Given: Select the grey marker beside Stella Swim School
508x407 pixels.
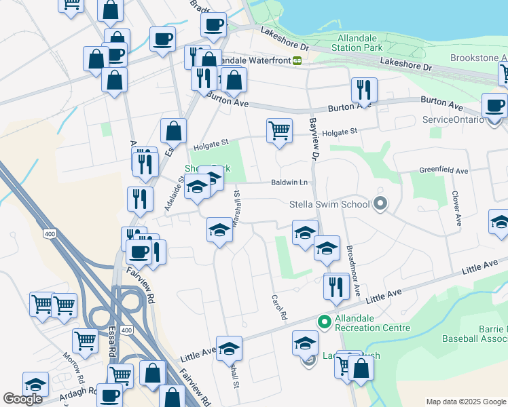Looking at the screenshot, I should (x=380, y=203).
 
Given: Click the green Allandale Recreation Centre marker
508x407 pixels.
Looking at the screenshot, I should (x=325, y=321).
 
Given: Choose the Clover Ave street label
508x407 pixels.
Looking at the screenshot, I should (x=456, y=208).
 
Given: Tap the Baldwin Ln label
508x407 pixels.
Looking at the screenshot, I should (x=289, y=182).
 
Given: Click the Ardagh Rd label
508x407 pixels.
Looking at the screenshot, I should (x=70, y=394).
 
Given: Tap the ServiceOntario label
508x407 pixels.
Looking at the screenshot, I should (x=453, y=119).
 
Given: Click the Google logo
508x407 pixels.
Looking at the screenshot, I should (x=22, y=399).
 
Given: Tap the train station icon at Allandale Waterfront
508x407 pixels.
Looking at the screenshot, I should (x=297, y=60).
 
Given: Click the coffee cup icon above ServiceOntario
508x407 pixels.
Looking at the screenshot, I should (x=494, y=105).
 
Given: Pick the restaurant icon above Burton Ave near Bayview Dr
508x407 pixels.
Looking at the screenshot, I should (x=364, y=89).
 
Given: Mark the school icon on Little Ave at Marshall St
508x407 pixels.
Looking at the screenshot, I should (x=229, y=348).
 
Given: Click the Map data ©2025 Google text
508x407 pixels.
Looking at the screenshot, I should (x=465, y=402).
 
